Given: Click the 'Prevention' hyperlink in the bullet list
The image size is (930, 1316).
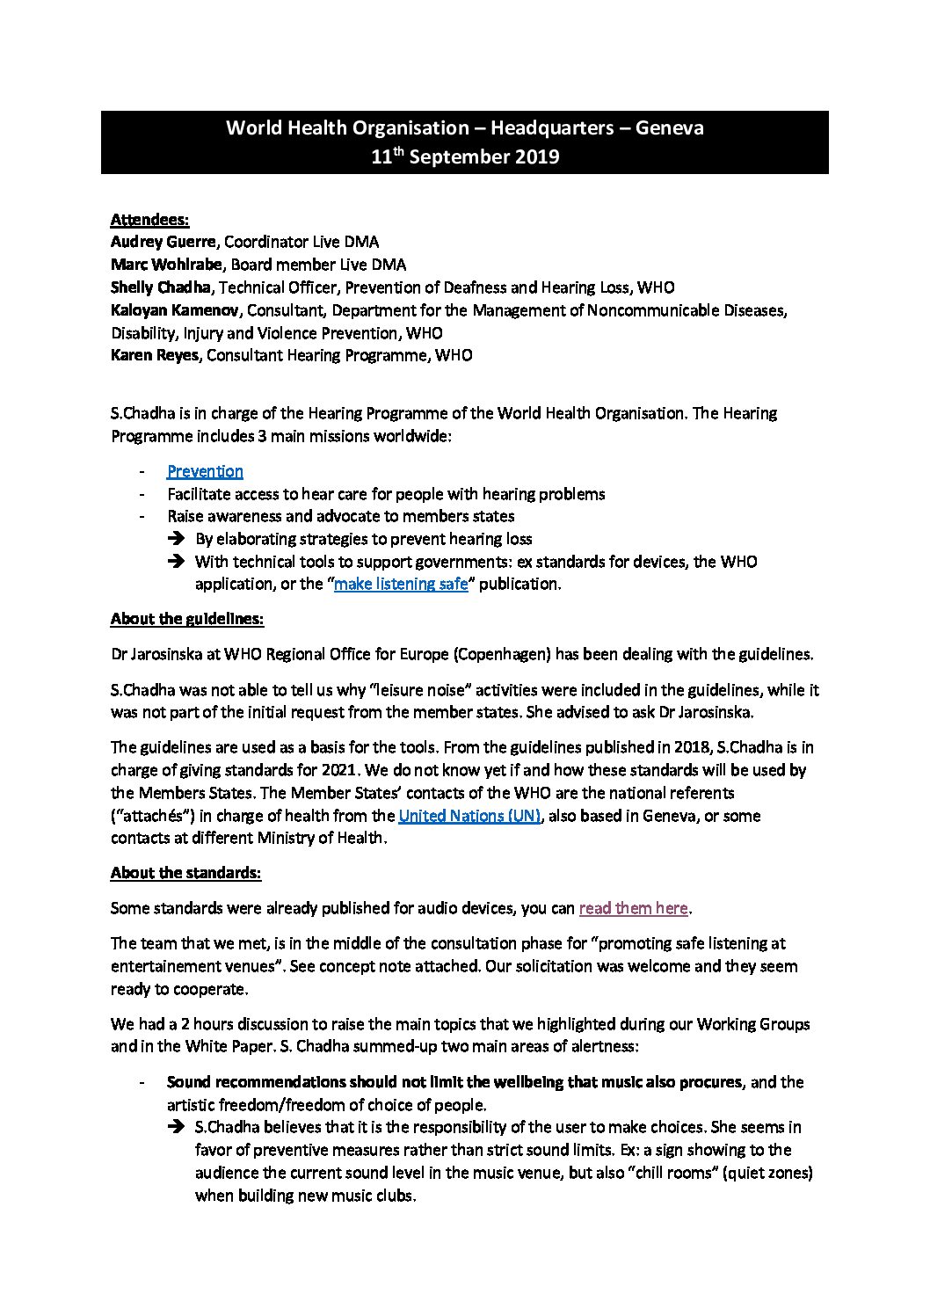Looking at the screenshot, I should [205, 471].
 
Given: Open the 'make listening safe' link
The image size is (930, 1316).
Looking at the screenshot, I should [401, 584].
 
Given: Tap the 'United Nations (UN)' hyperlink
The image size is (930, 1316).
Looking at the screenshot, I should [469, 816].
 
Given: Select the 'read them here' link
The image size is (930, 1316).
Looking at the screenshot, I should [633, 908].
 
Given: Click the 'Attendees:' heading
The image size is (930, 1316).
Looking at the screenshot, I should [149, 219].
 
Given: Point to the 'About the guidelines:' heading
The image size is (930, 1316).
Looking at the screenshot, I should [187, 619].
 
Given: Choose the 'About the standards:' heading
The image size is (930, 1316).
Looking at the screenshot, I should [185, 873].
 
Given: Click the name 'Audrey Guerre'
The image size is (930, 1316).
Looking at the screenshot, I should [164, 242].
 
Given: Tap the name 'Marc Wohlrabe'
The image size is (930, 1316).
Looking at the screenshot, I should [166, 265].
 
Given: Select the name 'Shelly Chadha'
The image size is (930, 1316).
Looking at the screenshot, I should [163, 287].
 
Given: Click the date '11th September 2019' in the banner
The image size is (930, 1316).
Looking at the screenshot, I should [465, 157].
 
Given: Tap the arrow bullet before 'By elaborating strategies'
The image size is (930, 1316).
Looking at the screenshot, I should [176, 539].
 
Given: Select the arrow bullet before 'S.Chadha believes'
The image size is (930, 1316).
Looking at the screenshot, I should [176, 1127].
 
